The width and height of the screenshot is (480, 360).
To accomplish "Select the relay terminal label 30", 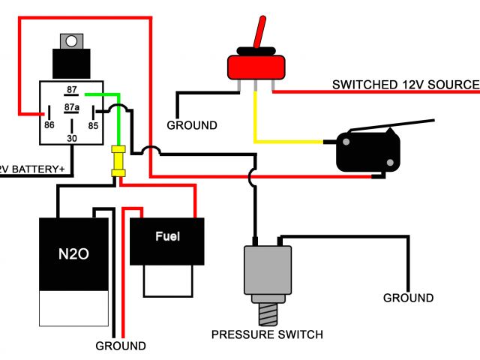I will tap(72, 138).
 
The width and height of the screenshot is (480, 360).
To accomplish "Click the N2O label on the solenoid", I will tap(73, 254).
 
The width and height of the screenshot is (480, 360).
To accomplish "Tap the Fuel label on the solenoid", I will tap(167, 236).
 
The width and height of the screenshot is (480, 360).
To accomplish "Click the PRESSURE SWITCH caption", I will tap(267, 334).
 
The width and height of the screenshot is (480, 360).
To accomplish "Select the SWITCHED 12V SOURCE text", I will tap(405, 85).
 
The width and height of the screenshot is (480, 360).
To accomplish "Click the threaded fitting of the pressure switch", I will tap(268, 309).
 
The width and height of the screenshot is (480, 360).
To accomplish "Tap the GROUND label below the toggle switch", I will tap(192, 125).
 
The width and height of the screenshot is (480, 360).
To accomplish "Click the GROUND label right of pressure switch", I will tap(408, 298).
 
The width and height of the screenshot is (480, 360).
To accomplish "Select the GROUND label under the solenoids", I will tap(121, 346).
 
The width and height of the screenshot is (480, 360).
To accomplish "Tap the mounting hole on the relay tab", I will tap(72, 40).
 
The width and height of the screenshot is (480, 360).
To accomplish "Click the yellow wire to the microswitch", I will tap(292, 141).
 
